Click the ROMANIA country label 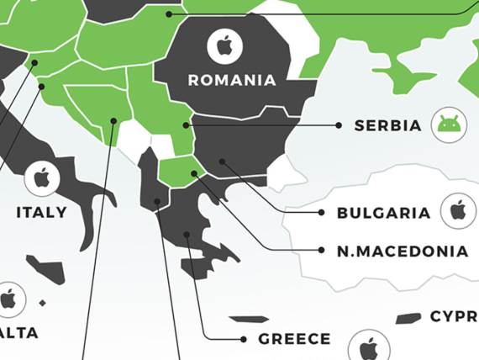tap(232, 81)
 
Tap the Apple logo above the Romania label tap(224, 45)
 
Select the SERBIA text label tap(387, 125)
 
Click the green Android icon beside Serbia tap(450, 125)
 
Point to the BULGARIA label tap(383, 213)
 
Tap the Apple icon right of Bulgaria tap(458, 209)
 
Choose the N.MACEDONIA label tap(403, 251)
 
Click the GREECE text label tap(294, 339)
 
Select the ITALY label tap(41, 213)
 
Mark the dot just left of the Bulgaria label tap(321, 213)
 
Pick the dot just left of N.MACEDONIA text tap(321, 250)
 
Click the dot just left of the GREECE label tap(244, 339)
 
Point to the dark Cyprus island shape tap(408, 318)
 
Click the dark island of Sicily tap(48, 269)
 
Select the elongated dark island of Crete tap(249, 320)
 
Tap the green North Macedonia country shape tap(176, 172)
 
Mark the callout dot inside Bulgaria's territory tap(222, 161)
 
